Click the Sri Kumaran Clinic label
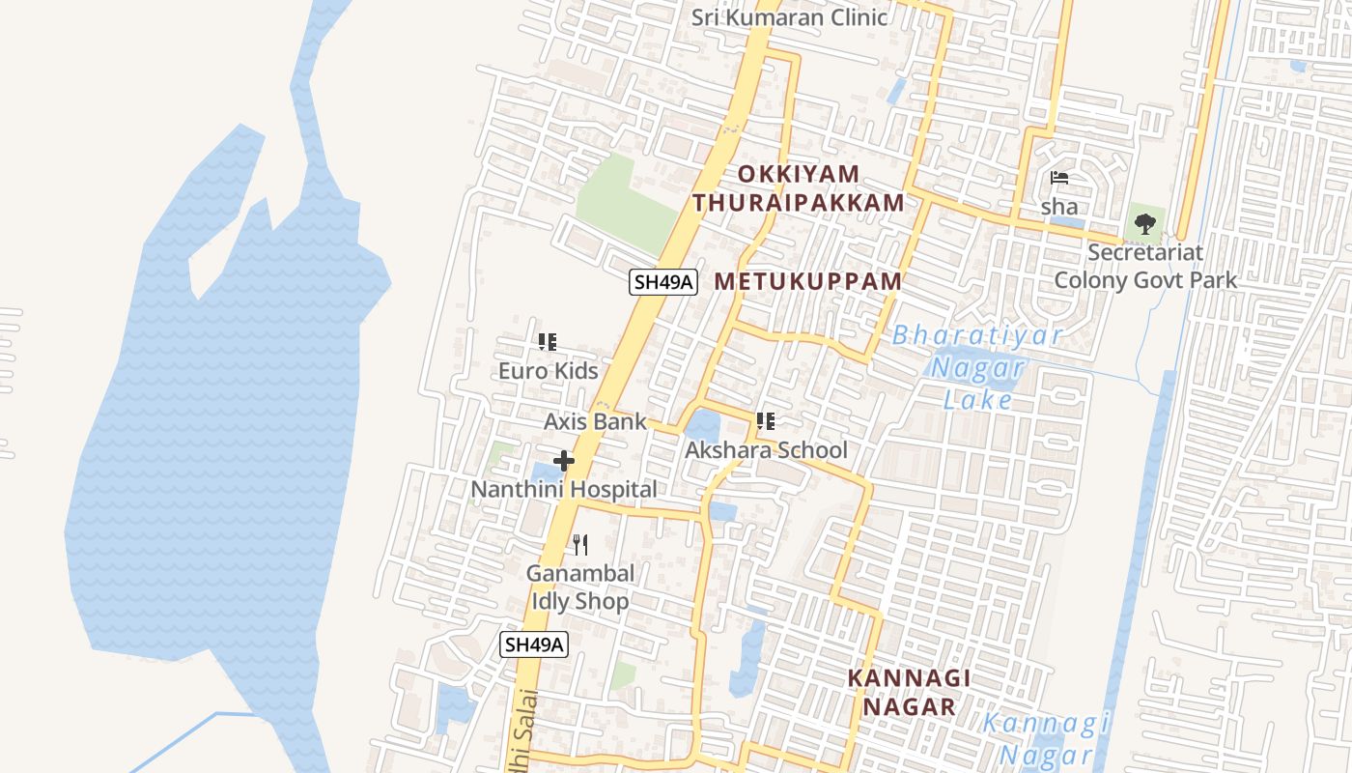(x=790, y=17)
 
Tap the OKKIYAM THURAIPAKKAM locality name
(x=799, y=188)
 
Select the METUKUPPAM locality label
(x=808, y=281)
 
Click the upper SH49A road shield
(x=662, y=282)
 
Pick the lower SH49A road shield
(x=534, y=644)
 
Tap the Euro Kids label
(x=548, y=371)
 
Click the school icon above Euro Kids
(x=548, y=342)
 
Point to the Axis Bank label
(x=595, y=421)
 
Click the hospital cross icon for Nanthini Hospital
(x=564, y=461)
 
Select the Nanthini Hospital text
(x=563, y=490)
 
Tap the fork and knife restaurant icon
(x=579, y=544)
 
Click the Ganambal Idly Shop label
(x=580, y=587)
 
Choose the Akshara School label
(x=766, y=450)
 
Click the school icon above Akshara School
(x=766, y=421)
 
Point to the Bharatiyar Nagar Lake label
(x=977, y=368)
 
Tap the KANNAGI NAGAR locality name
(x=909, y=692)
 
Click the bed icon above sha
(x=1059, y=179)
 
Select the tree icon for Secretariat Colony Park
(x=1145, y=224)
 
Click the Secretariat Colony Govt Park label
(x=1145, y=267)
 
